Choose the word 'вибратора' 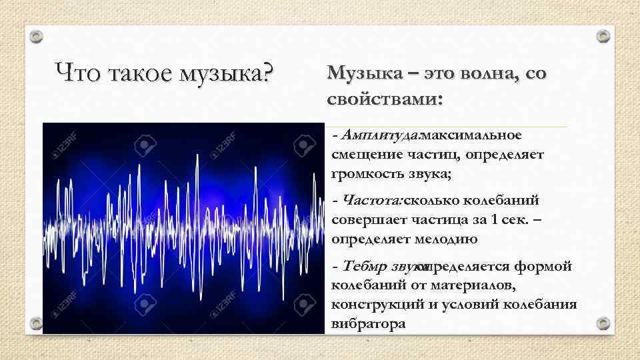[368, 325]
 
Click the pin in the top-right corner [603, 35]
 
